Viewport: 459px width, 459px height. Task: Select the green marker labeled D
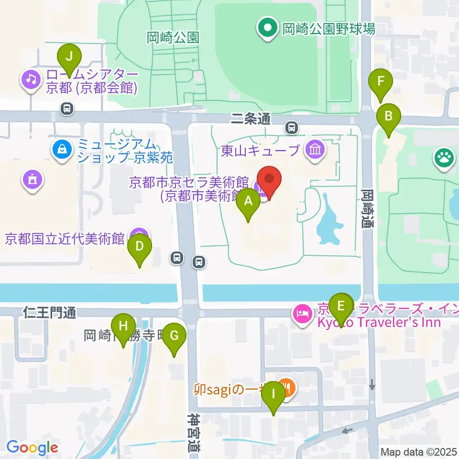pyautogui.click(x=139, y=247)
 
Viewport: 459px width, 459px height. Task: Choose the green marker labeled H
pyautogui.click(x=123, y=327)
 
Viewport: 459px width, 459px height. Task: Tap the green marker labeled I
pyautogui.click(x=274, y=394)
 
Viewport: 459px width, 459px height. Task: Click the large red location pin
pyautogui.click(x=270, y=181)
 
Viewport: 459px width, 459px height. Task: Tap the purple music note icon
pyautogui.click(x=32, y=78)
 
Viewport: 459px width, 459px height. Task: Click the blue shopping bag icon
pyautogui.click(x=62, y=151)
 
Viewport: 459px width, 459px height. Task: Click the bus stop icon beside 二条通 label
pyautogui.click(x=291, y=128)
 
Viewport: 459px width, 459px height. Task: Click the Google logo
pyautogui.click(x=32, y=448)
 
